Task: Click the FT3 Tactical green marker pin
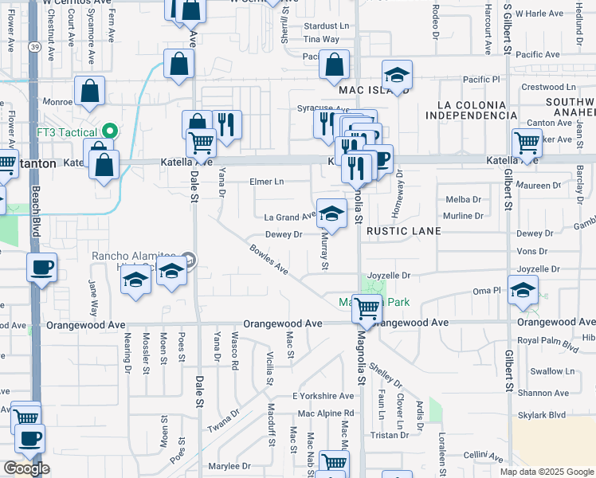[110, 131]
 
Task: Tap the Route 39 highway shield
[35, 47]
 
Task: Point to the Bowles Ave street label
[268, 260]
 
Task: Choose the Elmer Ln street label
[267, 182]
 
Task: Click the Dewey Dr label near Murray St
[284, 235]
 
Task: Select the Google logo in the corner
[26, 468]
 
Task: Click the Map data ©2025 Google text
[547, 472]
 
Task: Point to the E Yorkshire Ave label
[323, 396]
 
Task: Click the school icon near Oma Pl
[522, 290]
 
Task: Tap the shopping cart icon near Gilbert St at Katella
[527, 143]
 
